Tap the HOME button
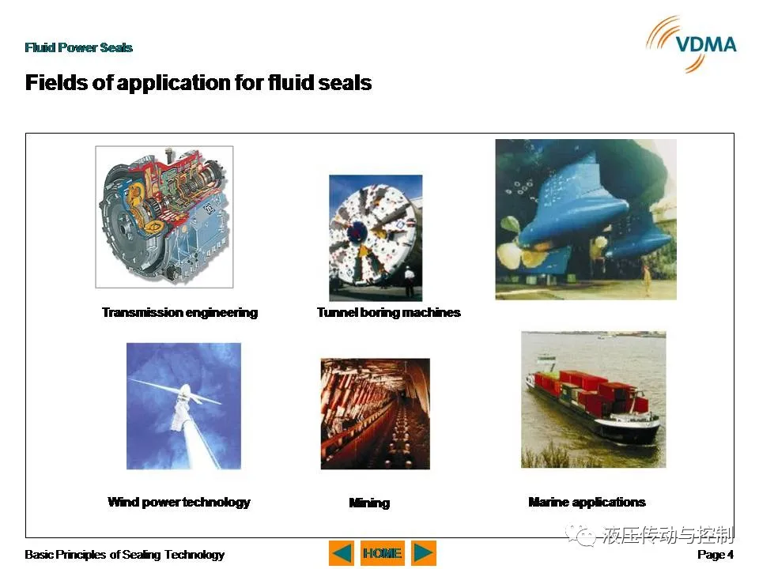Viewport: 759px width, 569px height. coord(383,553)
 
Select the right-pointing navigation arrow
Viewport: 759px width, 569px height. coord(424,553)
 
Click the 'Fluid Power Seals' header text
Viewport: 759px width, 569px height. coord(79,47)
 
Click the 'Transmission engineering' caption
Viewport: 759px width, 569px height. coord(179,313)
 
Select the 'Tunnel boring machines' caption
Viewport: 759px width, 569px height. coord(389,313)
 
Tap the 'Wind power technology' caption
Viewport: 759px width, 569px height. coord(179,503)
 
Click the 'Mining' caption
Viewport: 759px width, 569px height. coord(369,503)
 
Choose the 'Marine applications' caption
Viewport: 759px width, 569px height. coord(587,503)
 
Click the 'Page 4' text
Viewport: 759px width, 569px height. coord(716,555)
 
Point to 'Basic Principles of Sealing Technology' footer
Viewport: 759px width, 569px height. coord(124,555)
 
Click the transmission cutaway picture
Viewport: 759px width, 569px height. coord(164,217)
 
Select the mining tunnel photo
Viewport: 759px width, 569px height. coord(375,413)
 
